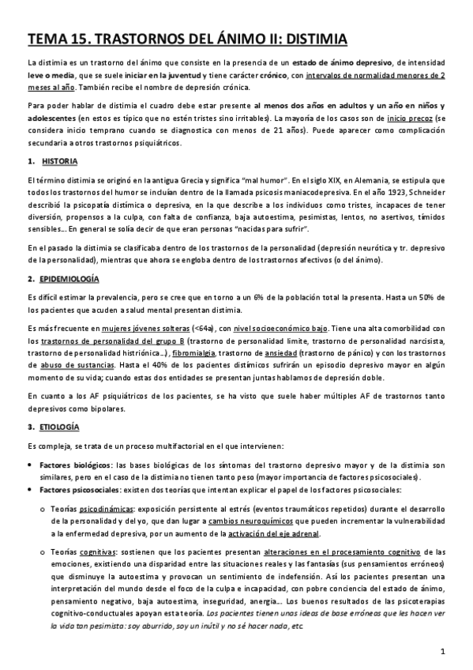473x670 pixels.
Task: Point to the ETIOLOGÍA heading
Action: pyautogui.click(x=60, y=427)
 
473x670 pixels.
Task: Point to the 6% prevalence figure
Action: pyautogui.click(x=275, y=297)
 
